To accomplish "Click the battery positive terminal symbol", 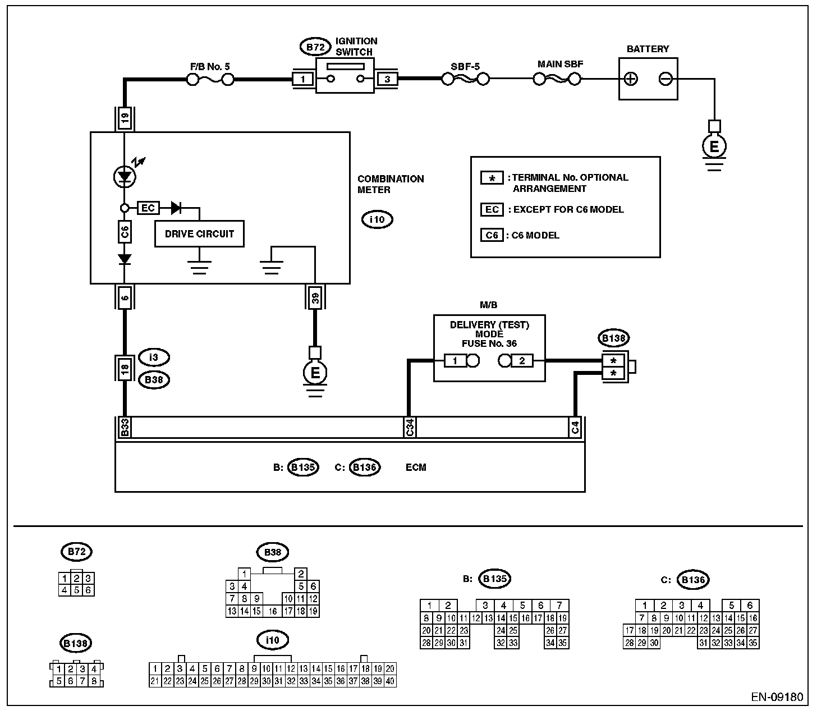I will [x=631, y=79].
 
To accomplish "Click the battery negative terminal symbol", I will [x=665, y=79].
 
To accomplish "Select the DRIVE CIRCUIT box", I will [x=199, y=233].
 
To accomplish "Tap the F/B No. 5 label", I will [x=210, y=67].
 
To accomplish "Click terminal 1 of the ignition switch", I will [x=304, y=80].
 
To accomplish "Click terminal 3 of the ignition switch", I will [x=387, y=80].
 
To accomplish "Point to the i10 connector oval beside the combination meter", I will [x=377, y=219].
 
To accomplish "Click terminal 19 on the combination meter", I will [x=125, y=118].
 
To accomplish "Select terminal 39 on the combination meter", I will [x=315, y=297].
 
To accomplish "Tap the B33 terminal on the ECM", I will [x=125, y=428].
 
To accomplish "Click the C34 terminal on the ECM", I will [x=410, y=428].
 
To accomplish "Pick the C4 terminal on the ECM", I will [x=575, y=428].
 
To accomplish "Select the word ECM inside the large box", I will [x=416, y=467].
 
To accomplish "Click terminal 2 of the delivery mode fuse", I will [x=522, y=361].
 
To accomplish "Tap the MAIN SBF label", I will [x=560, y=64].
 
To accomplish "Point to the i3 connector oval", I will [x=154, y=357].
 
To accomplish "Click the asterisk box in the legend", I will [x=492, y=178].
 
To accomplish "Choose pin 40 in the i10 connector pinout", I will [x=391, y=681].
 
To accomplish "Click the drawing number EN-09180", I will [x=777, y=698].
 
